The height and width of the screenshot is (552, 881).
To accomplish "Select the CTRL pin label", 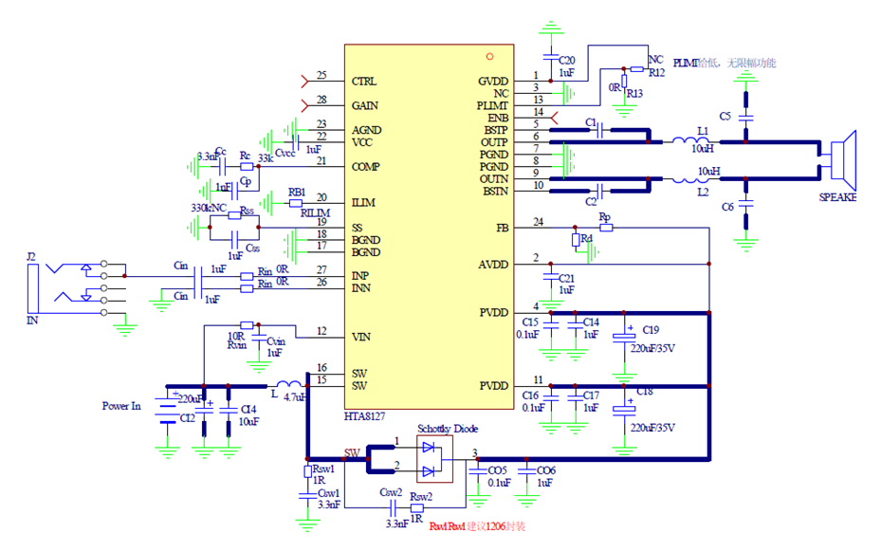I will [x=363, y=81].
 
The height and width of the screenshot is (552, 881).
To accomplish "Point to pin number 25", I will [x=321, y=75].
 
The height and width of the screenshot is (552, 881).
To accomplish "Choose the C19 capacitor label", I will [x=651, y=330].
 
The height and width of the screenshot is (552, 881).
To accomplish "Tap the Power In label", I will [x=121, y=406].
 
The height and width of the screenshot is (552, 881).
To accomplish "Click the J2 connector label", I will [x=31, y=256].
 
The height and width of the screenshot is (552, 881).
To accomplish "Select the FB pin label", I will [x=502, y=229].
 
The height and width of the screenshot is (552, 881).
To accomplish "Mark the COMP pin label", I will [x=366, y=167].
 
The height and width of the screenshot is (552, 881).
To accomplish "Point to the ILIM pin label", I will [x=363, y=203].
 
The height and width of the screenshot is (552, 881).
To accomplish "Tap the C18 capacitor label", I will [x=644, y=391].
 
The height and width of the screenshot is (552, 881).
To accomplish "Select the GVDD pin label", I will [x=493, y=82].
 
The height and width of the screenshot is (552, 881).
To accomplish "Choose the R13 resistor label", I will [x=634, y=93].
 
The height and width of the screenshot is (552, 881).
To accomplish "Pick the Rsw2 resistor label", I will [x=421, y=496].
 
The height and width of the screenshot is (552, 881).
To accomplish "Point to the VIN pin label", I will [x=361, y=337].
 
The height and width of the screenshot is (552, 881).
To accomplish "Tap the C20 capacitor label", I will [x=567, y=59].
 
